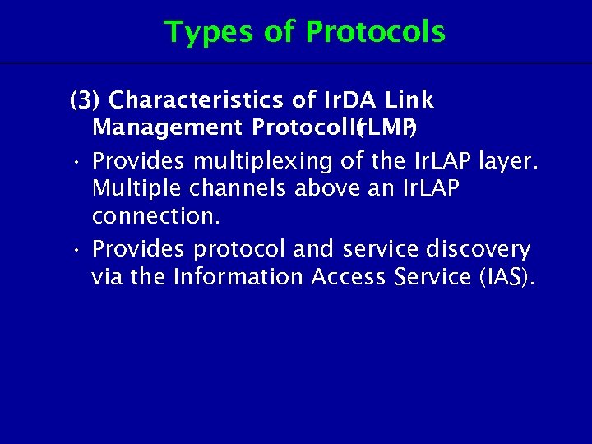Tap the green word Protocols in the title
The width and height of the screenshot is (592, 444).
(375, 32)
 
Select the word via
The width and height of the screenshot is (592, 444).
(108, 277)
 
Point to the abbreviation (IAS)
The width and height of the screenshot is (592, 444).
(506, 277)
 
